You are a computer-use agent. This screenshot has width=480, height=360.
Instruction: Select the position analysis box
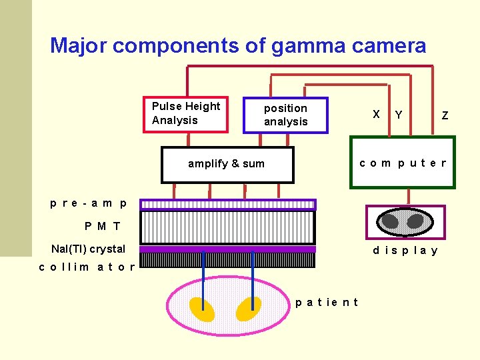(x=286, y=115)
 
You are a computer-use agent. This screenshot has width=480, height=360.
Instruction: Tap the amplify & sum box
(x=227, y=164)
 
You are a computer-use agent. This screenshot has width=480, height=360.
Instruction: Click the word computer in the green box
(x=403, y=163)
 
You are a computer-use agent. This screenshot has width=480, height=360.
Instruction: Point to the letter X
(x=377, y=114)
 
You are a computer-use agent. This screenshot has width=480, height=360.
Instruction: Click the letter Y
(x=398, y=115)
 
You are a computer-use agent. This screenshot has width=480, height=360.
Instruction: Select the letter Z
(x=445, y=116)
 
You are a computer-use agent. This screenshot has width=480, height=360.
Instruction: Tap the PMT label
(x=103, y=227)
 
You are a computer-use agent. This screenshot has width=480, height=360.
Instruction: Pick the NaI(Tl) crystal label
(x=89, y=249)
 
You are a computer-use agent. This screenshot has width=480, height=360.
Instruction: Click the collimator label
(x=87, y=267)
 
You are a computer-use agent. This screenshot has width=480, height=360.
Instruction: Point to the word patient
(x=327, y=303)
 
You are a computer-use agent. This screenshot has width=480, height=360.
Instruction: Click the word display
(x=405, y=251)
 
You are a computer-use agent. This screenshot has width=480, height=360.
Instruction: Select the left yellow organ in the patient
(x=201, y=309)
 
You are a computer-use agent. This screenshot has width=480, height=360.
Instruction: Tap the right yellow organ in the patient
(x=249, y=308)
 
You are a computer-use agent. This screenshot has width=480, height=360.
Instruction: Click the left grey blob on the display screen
(x=391, y=221)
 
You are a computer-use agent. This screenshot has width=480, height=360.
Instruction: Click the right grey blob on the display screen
(x=415, y=221)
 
